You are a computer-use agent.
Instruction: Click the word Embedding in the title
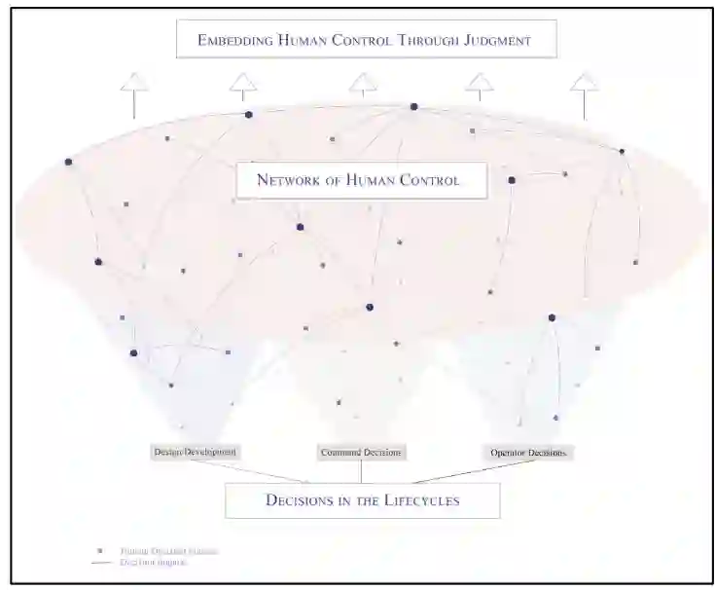[x=234, y=40]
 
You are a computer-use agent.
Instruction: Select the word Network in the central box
[x=288, y=179]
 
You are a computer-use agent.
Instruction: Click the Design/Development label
[x=196, y=452]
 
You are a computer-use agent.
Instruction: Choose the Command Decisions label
[x=361, y=452]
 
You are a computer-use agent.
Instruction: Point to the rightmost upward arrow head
[x=585, y=83]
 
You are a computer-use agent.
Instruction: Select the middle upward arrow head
[x=363, y=83]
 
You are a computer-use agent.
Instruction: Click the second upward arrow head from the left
[x=243, y=83]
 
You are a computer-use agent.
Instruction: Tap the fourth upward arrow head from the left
[x=479, y=83]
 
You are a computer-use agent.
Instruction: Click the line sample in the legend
[x=99, y=563]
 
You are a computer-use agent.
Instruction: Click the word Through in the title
[x=426, y=40]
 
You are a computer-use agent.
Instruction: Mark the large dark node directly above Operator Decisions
[x=552, y=317]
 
